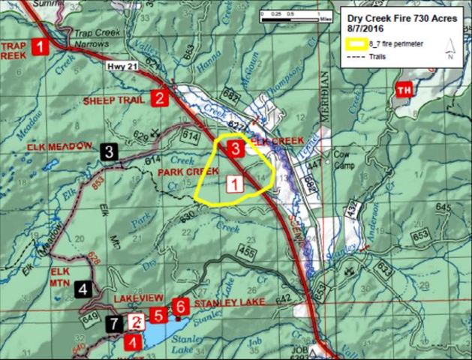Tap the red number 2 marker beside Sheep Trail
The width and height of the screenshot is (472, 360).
159,97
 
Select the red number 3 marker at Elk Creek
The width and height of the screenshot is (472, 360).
235,148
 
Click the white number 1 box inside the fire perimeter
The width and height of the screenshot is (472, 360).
234,182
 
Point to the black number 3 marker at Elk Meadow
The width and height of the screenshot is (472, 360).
110,151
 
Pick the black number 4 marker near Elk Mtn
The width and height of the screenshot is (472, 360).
85,287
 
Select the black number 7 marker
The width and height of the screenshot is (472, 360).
114,325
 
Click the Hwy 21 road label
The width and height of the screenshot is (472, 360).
119,67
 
